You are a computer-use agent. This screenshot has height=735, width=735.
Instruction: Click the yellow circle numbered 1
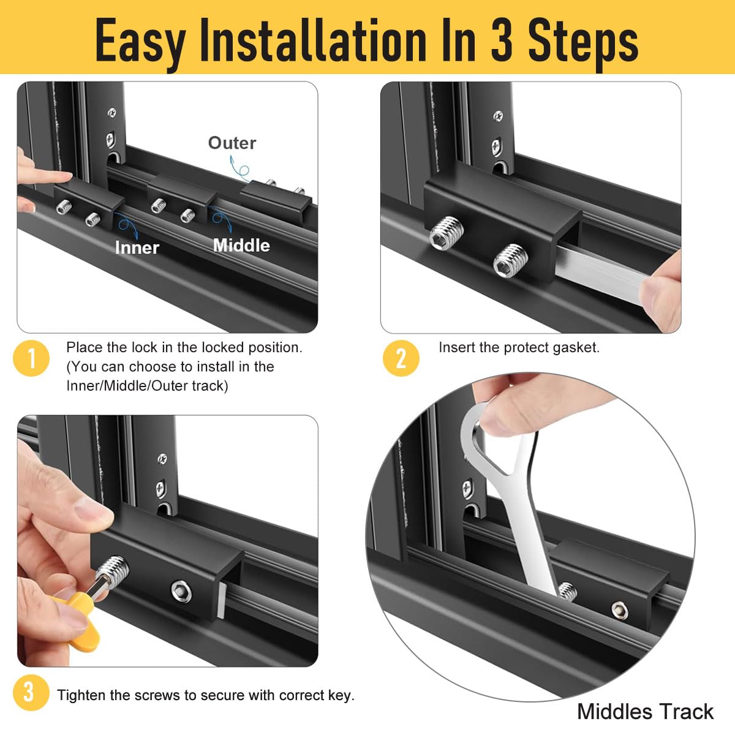[31, 358]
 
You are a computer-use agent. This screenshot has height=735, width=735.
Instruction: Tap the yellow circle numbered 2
[401, 358]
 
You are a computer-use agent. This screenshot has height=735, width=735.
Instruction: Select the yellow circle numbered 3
[29, 692]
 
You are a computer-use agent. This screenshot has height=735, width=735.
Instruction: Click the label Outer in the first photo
[232, 143]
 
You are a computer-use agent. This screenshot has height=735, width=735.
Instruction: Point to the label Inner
[137, 247]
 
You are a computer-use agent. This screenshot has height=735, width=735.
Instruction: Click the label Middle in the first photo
[241, 245]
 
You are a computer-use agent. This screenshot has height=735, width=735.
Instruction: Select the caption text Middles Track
[645, 712]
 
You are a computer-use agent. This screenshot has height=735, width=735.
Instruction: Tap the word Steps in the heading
[583, 40]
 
